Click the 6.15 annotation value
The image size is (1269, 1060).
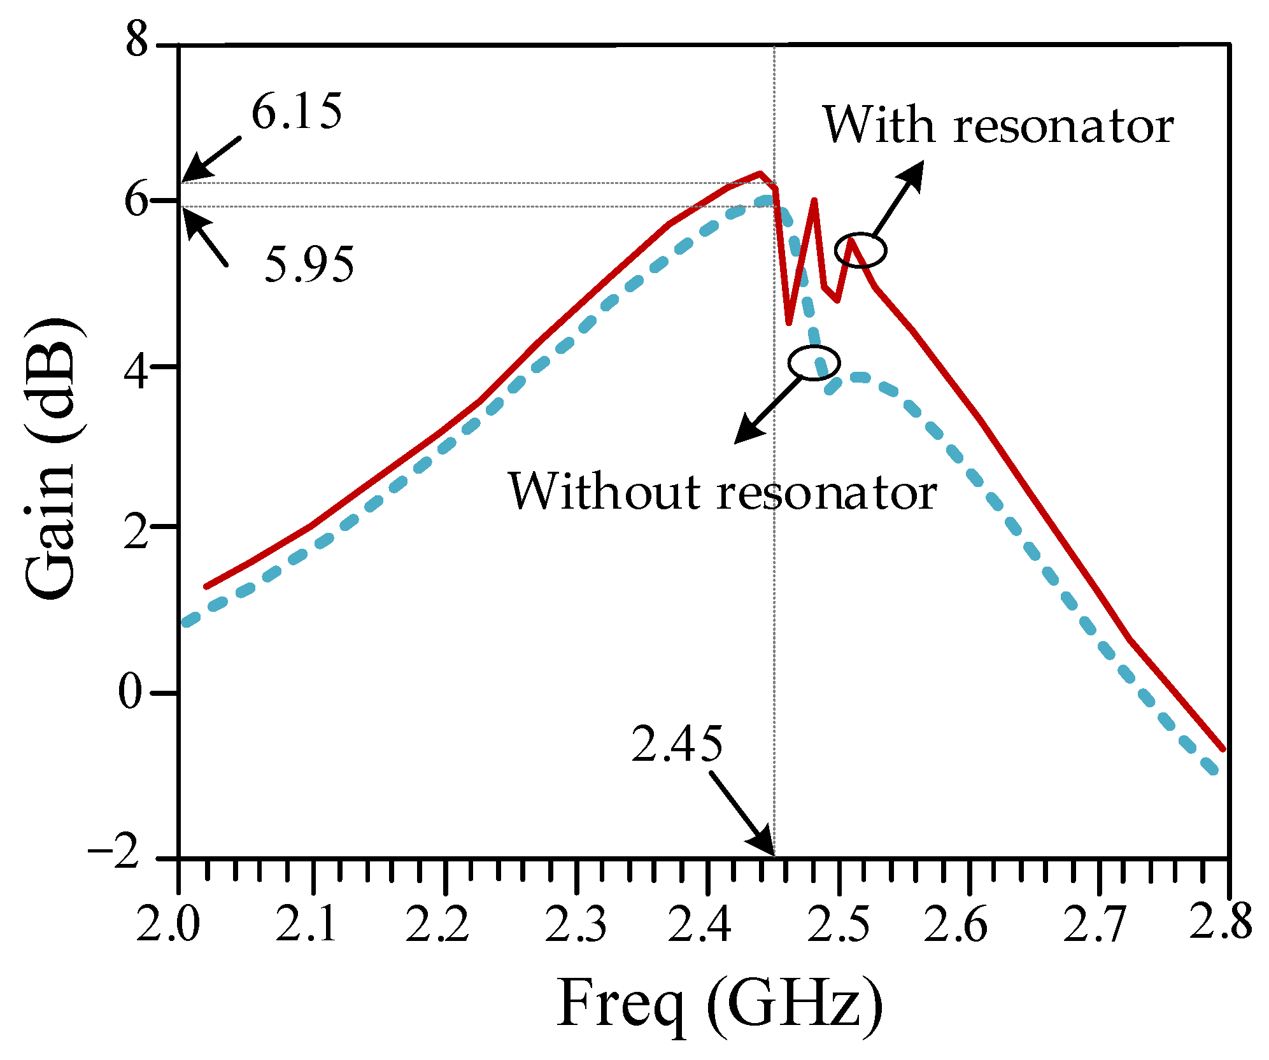click(x=297, y=112)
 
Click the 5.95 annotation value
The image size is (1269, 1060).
click(x=309, y=265)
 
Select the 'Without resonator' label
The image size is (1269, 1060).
click(x=721, y=491)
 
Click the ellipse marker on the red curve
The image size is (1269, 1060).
click(x=860, y=250)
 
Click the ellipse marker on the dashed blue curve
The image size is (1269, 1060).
click(x=814, y=363)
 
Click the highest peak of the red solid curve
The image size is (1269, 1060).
click(x=760, y=173)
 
